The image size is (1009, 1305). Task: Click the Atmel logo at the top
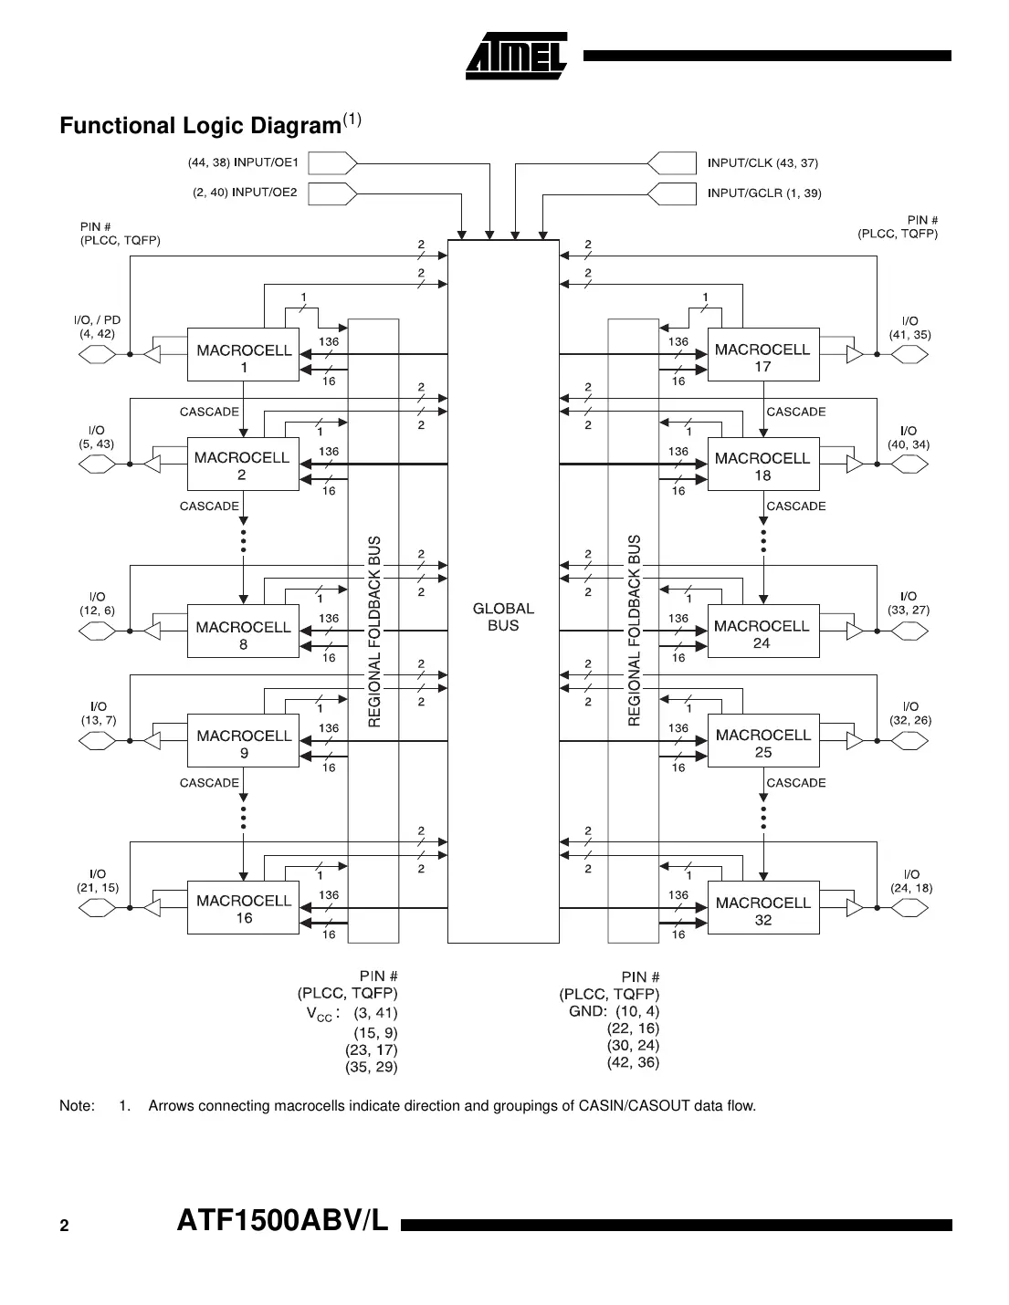tap(517, 57)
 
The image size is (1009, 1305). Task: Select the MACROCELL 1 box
tap(243, 354)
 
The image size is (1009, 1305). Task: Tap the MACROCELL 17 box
tap(762, 354)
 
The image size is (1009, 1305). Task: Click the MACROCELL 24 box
tap(762, 632)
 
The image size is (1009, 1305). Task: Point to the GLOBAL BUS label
tap(503, 617)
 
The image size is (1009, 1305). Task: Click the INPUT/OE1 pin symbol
tap(331, 163)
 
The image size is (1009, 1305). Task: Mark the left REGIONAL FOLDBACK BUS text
tap(373, 631)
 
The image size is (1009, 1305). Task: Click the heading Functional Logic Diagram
tap(200, 126)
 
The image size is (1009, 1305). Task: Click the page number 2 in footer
tap(64, 1226)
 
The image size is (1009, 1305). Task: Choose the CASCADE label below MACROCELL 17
tap(795, 412)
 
